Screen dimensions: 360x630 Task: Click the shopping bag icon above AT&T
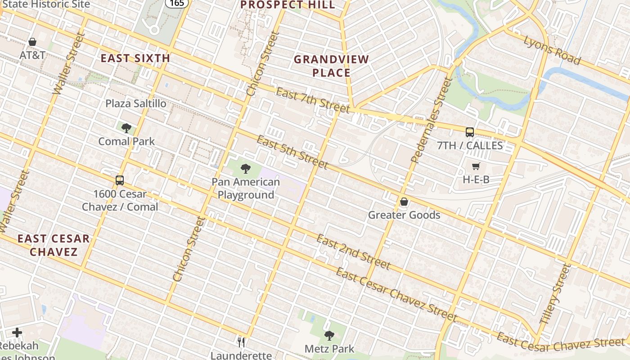pyautogui.click(x=32, y=42)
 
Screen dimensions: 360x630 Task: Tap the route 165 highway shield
pyautogui.click(x=176, y=3)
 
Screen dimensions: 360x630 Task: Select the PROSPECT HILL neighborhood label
pyautogui.click(x=288, y=5)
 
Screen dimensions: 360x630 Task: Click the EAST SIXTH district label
pyautogui.click(x=135, y=58)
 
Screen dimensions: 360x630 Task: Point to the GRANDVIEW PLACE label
pyautogui.click(x=331, y=66)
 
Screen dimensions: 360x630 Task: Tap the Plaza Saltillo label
pyautogui.click(x=135, y=103)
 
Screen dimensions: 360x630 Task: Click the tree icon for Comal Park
pyautogui.click(x=126, y=128)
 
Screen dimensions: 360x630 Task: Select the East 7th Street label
pyautogui.click(x=312, y=100)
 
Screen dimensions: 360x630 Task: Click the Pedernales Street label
pyautogui.click(x=431, y=120)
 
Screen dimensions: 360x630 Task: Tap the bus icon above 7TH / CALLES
pyautogui.click(x=470, y=132)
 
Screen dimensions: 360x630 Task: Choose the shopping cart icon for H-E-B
pyautogui.click(x=476, y=166)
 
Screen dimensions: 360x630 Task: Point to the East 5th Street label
pyautogui.click(x=292, y=152)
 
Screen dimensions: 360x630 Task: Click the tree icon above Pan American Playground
pyautogui.click(x=246, y=169)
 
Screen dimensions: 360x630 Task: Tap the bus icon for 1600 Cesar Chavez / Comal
pyautogui.click(x=120, y=180)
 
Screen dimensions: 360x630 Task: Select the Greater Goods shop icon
pyautogui.click(x=404, y=202)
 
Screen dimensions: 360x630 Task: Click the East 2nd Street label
pyautogui.click(x=353, y=252)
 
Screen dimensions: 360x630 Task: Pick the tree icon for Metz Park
pyautogui.click(x=329, y=335)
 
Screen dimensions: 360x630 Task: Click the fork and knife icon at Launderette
pyautogui.click(x=241, y=342)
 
